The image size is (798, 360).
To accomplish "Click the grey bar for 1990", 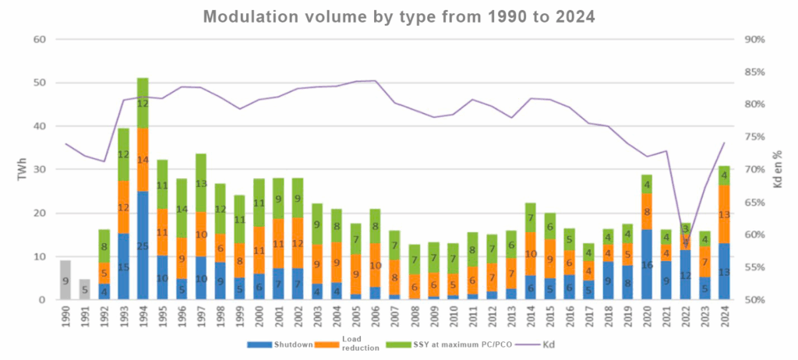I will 65,280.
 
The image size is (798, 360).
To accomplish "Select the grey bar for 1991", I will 84,289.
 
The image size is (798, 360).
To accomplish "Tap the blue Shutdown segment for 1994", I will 143,245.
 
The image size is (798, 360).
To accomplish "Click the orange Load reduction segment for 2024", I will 725,214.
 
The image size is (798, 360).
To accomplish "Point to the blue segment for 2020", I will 647,264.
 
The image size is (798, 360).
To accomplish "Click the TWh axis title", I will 22,171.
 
